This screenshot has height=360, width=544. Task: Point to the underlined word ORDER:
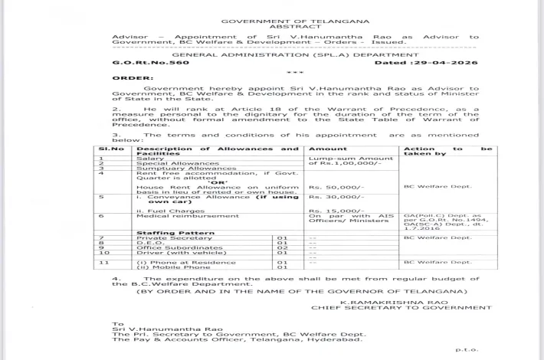[x=132, y=77]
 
